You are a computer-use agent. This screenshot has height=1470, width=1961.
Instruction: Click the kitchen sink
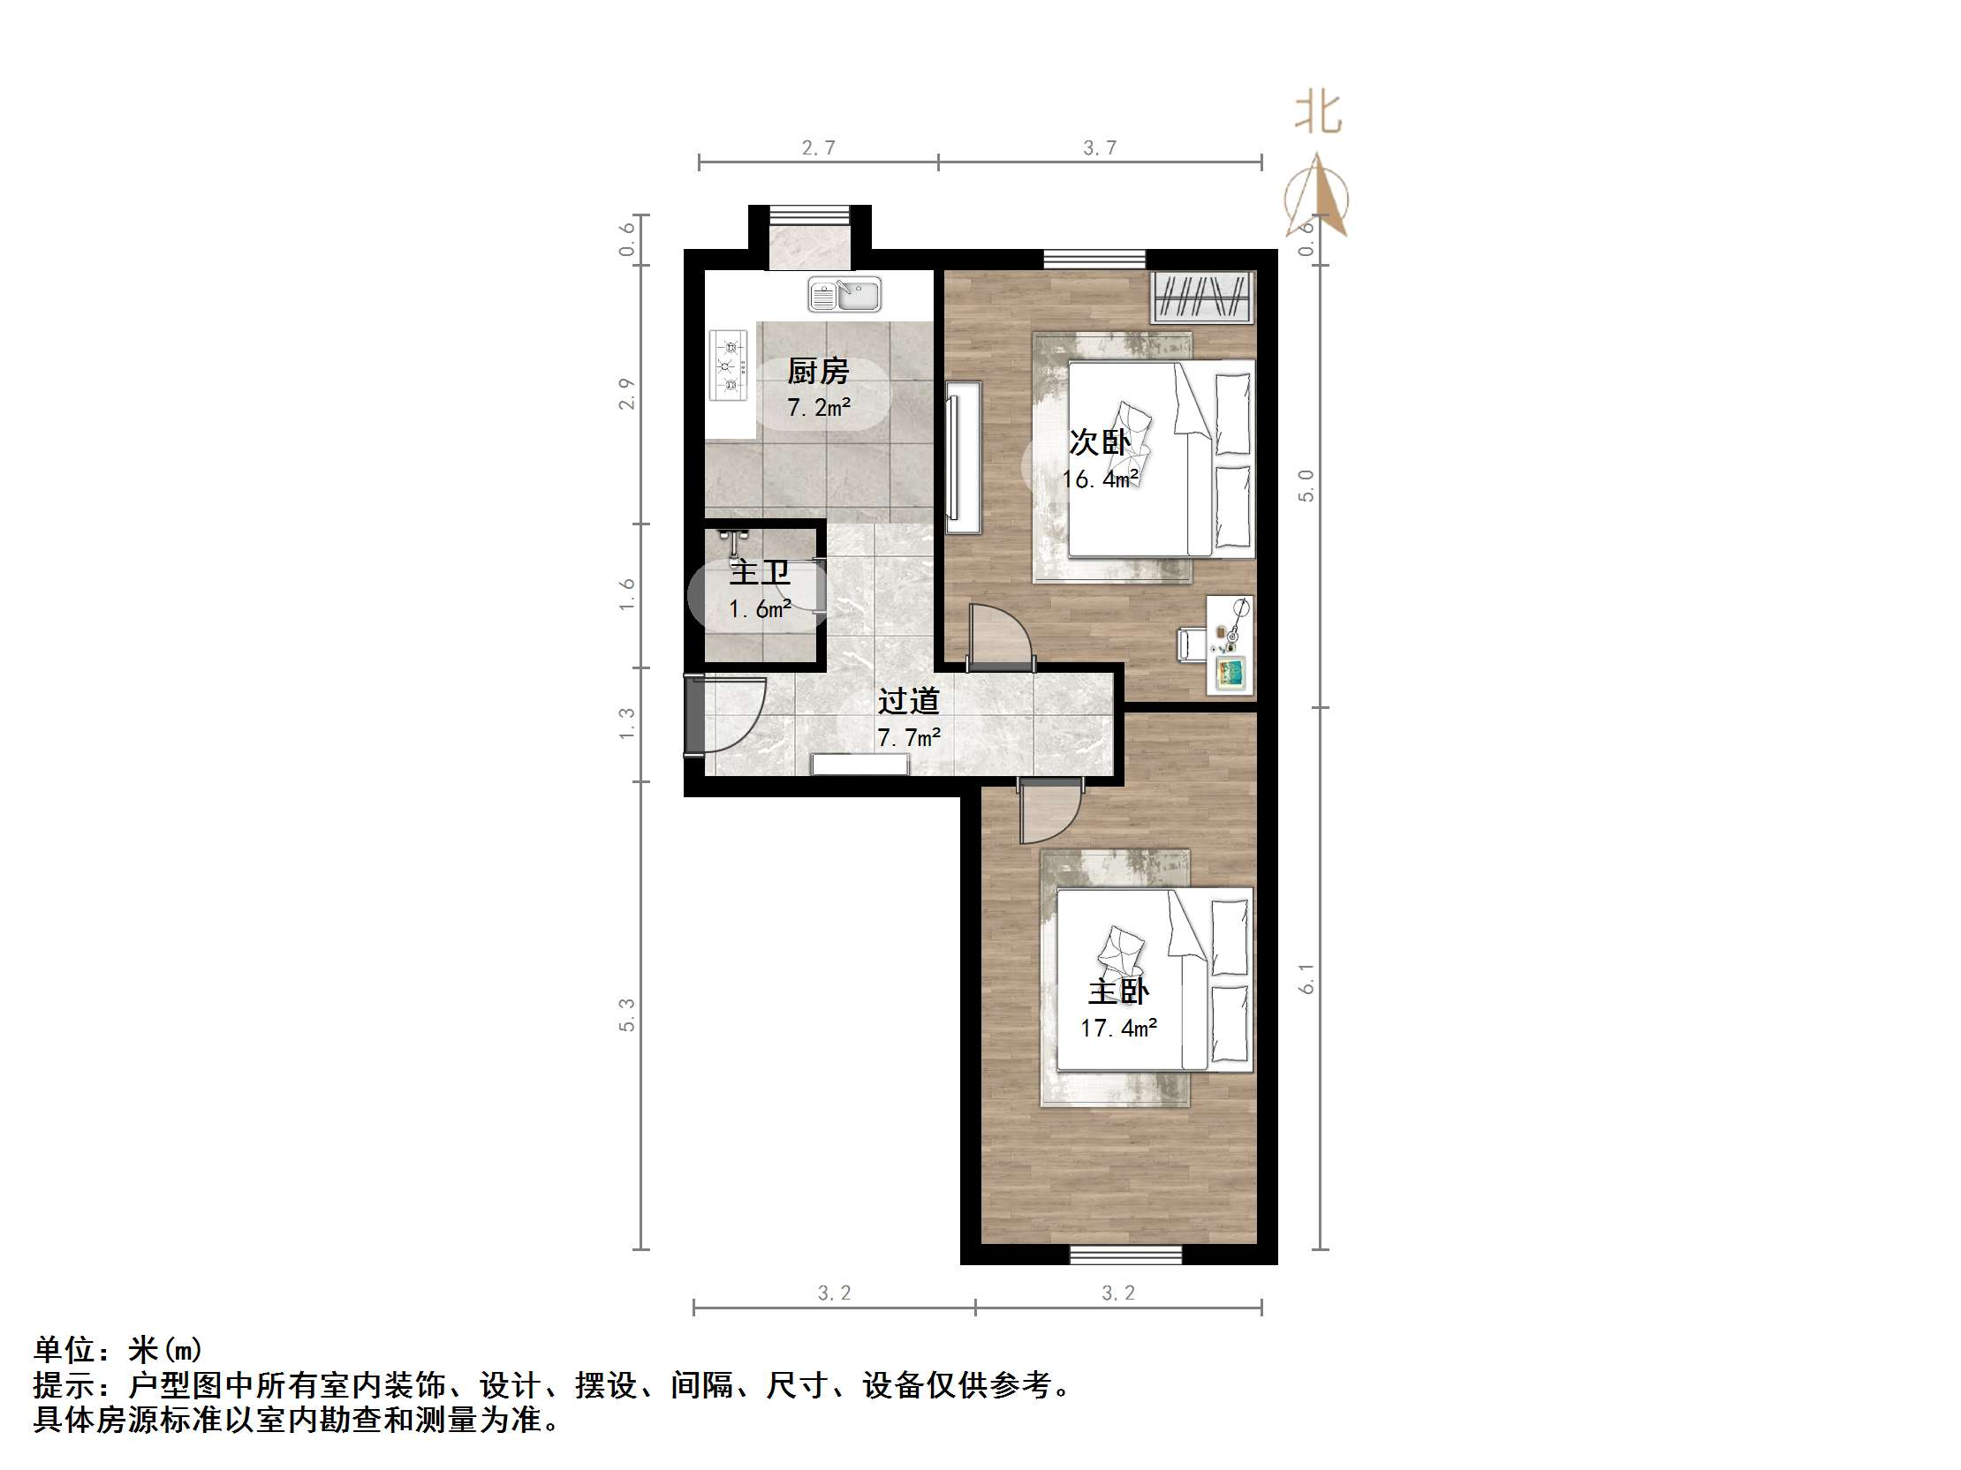(844, 294)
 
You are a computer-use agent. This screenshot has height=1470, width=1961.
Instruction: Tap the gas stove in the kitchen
(729, 364)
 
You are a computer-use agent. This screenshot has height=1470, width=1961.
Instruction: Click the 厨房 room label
(817, 372)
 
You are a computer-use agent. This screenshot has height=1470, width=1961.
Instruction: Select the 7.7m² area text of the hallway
(909, 737)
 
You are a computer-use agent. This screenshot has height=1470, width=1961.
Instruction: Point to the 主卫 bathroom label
(760, 572)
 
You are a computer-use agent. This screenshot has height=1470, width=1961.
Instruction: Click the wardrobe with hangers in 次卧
(1202, 297)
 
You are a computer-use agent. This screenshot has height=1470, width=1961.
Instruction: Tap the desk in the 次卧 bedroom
(1230, 645)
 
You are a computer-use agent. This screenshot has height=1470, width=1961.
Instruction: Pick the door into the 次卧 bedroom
(997, 637)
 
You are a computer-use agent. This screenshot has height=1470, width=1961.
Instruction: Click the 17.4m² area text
(1118, 1028)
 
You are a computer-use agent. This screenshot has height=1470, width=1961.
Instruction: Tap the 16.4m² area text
(1100, 479)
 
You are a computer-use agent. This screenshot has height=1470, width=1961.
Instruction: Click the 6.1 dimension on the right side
(1306, 978)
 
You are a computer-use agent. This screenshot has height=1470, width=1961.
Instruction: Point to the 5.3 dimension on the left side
(627, 1014)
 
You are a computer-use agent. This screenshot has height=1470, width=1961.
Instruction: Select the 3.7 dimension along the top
(1099, 148)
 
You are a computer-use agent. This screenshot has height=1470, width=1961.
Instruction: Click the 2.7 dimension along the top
(818, 148)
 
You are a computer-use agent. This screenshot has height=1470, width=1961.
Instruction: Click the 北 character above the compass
(1318, 113)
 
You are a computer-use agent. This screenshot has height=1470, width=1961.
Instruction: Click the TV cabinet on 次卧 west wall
(963, 457)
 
